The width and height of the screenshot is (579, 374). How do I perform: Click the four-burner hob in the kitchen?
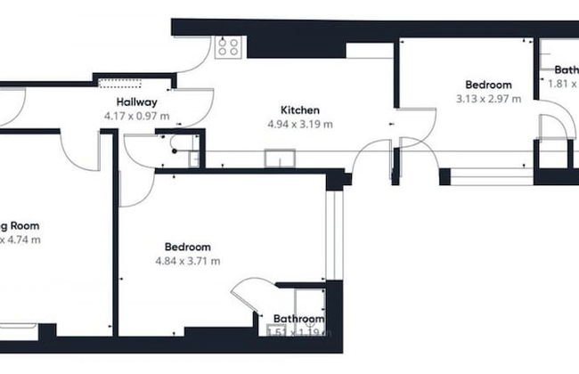[x=227, y=47]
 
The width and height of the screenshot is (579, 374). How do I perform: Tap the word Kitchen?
[x=299, y=110]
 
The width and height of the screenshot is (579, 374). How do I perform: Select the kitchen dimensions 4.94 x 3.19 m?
[x=299, y=125]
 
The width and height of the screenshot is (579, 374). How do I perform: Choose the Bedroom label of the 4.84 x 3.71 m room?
[x=187, y=247]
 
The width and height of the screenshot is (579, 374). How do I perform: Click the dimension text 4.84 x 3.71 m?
[x=187, y=261]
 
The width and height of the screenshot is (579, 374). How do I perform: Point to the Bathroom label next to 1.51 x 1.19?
[x=298, y=319]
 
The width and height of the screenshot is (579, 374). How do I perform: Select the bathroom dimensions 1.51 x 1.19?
[x=298, y=333]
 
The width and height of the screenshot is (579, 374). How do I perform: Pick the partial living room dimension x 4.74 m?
[x=20, y=240]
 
